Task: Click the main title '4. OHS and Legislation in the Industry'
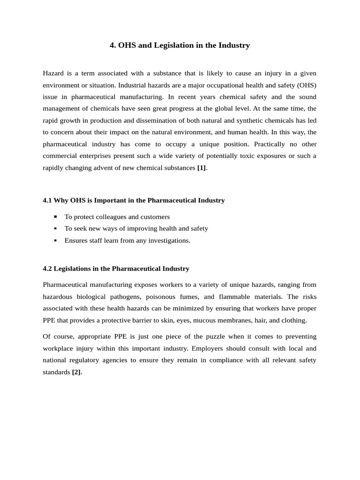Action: point(180,45)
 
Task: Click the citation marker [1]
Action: point(202,168)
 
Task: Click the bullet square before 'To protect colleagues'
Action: point(55,217)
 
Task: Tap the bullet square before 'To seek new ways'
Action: point(55,228)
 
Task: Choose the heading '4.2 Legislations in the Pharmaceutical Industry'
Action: point(116,269)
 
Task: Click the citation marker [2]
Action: point(76,372)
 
